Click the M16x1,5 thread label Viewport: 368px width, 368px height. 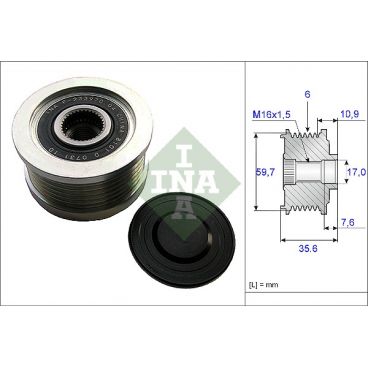271,113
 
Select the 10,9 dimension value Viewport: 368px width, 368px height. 350,113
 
